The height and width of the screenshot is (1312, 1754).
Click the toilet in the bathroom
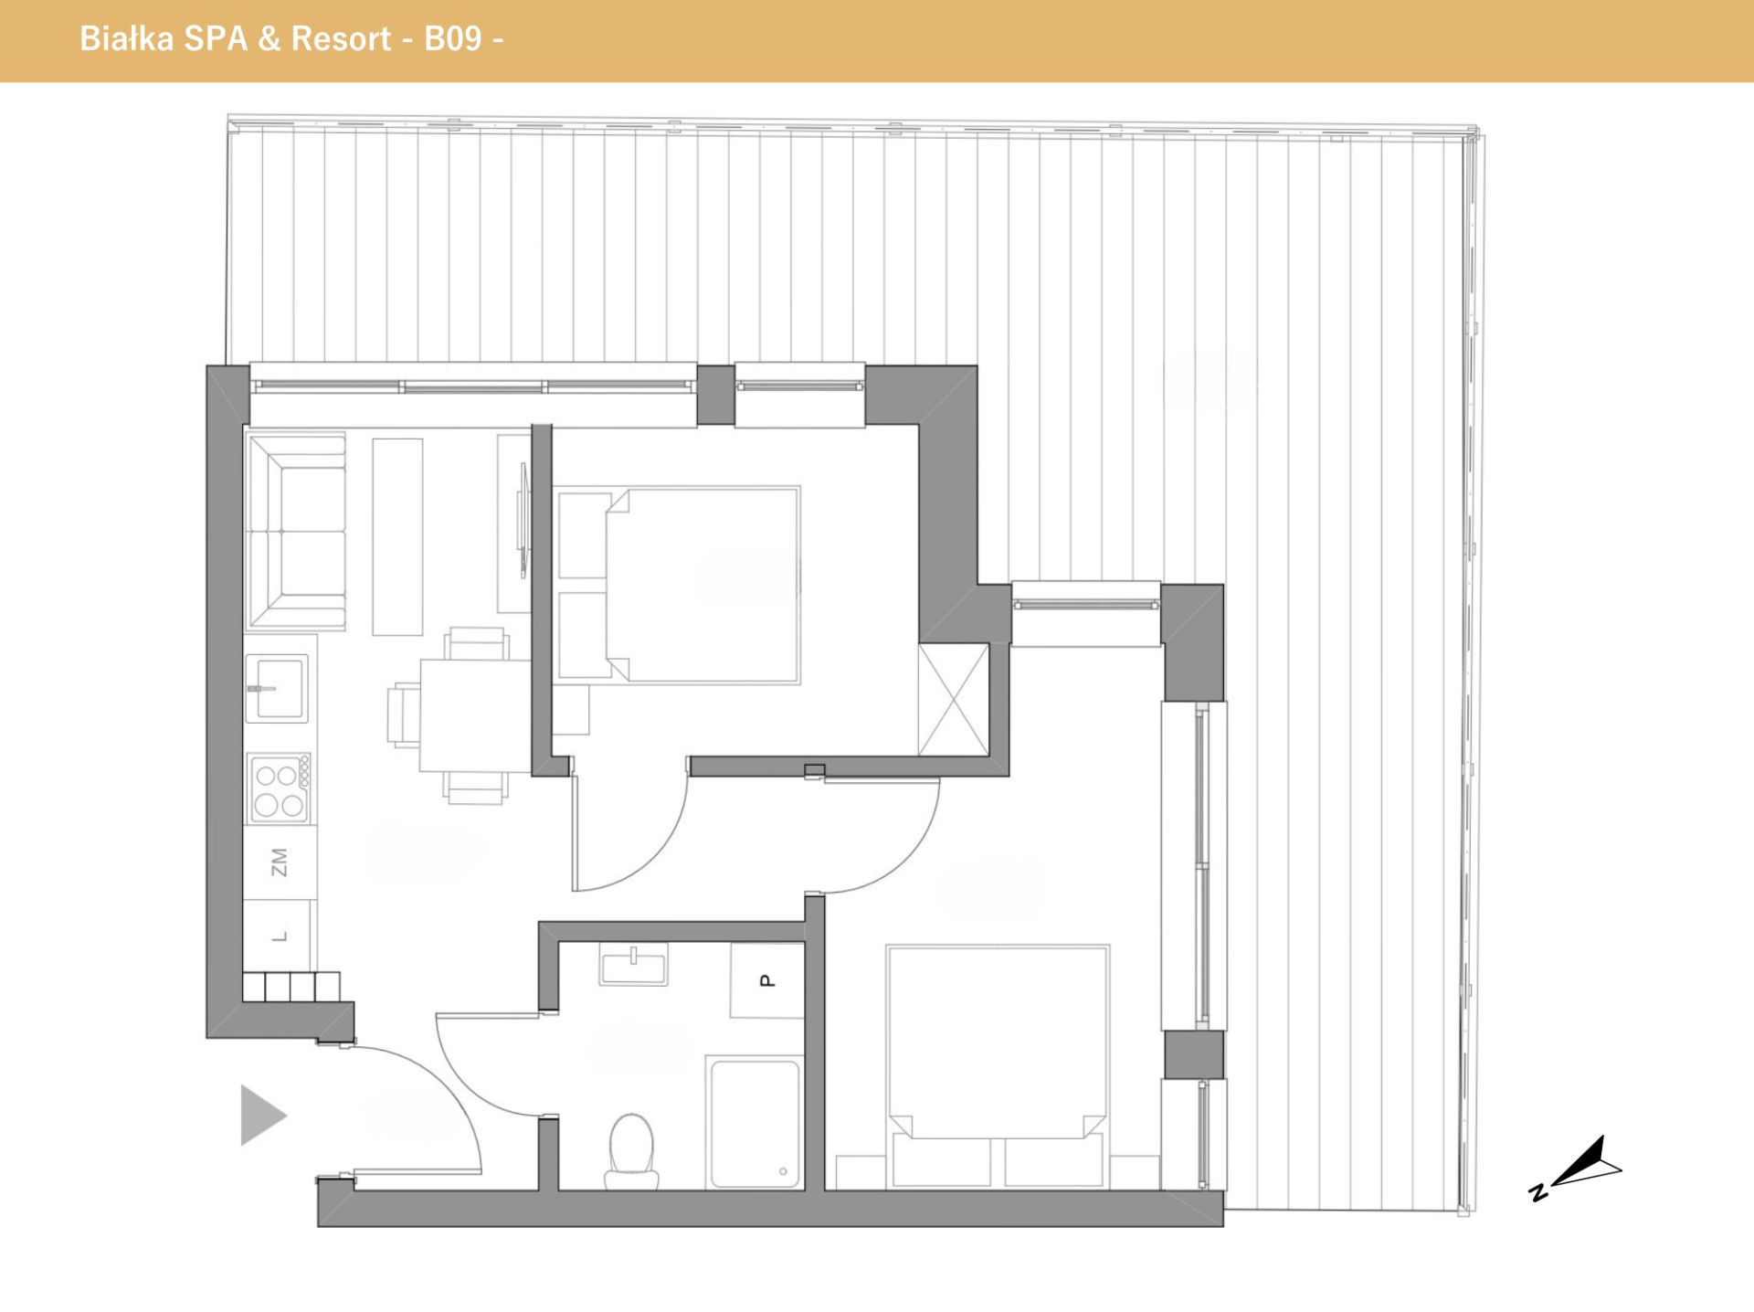point(631,1151)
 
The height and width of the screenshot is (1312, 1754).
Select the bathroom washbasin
point(633,964)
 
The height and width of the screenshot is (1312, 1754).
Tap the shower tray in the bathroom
point(755,1123)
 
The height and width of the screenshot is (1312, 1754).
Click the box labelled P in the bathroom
point(766,980)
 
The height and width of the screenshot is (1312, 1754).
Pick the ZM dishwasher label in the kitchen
point(280,862)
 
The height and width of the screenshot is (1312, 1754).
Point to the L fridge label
point(280,936)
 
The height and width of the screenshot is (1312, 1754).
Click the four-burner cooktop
point(280,788)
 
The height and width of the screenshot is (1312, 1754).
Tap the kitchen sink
point(277,688)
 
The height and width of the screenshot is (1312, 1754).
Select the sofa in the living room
point(295,532)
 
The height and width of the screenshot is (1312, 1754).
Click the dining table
point(475,715)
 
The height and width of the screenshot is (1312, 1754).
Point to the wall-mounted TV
point(523,521)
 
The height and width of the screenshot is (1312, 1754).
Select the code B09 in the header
point(452,38)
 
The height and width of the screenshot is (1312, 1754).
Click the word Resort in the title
point(341,38)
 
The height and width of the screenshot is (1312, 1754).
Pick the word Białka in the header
point(126,38)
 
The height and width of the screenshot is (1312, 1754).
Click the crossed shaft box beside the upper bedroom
point(953,700)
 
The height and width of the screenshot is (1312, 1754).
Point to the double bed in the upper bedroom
point(702,585)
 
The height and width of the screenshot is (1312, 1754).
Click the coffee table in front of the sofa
point(397,537)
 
